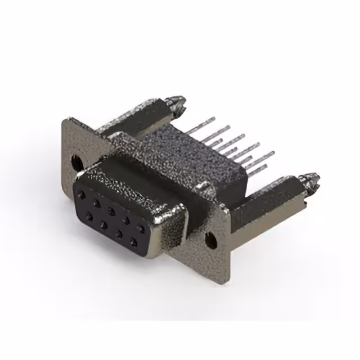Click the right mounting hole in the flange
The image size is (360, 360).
point(211,241)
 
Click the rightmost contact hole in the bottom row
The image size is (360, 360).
point(134,243)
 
